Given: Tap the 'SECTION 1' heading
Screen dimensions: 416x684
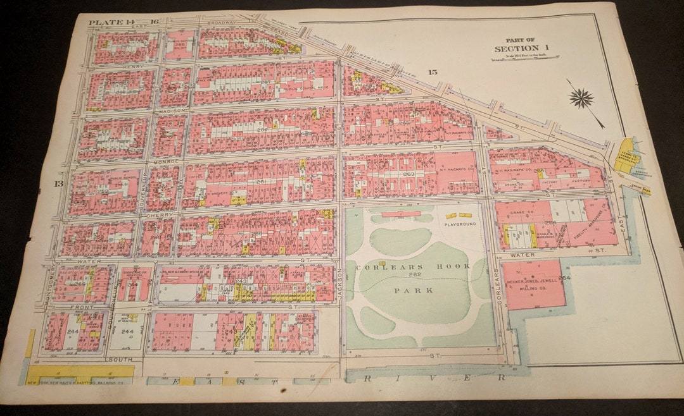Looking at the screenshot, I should pos(518,48).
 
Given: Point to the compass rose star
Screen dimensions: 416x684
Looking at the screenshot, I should pos(581,98).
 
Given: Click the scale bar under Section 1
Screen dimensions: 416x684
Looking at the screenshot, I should pos(524,58).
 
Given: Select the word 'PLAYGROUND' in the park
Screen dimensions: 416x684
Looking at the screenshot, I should pos(460,224).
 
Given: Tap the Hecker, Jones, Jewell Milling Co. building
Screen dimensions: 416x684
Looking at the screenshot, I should pos(534,284).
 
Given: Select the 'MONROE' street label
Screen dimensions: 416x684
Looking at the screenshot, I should pos(167,162).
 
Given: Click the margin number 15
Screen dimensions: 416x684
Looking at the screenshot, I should pos(433,72).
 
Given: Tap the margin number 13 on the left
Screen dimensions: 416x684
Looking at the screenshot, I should pos(59,183).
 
